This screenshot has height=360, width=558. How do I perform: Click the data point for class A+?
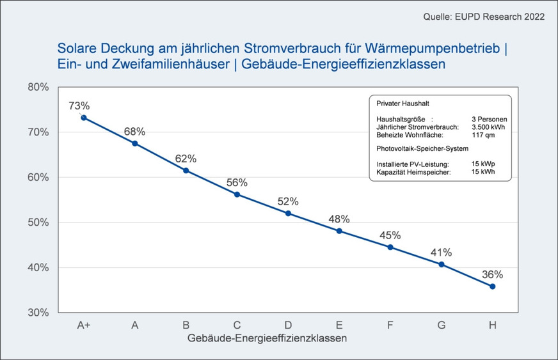[x=84, y=118]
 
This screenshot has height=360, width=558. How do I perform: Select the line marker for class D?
[x=288, y=213]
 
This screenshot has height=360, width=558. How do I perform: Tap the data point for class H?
[x=492, y=286]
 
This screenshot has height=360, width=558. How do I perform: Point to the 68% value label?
[x=134, y=131]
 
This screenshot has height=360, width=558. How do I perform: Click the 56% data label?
[x=237, y=182]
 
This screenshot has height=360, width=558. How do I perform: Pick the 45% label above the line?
[x=390, y=235]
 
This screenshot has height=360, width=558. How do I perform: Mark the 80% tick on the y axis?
[x=39, y=87]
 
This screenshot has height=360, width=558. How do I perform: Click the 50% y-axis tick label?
[x=39, y=223]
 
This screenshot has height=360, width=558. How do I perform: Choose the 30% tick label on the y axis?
[x=39, y=313]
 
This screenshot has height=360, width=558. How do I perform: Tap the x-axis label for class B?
[x=186, y=325]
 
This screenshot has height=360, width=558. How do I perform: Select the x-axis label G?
[x=441, y=325]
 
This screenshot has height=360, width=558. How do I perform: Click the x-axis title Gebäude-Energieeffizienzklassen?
[x=267, y=338]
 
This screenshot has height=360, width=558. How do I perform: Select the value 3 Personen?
[x=489, y=119]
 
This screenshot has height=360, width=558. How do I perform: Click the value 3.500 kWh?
[x=488, y=127]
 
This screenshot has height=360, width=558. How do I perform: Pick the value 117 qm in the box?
[x=482, y=134]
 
